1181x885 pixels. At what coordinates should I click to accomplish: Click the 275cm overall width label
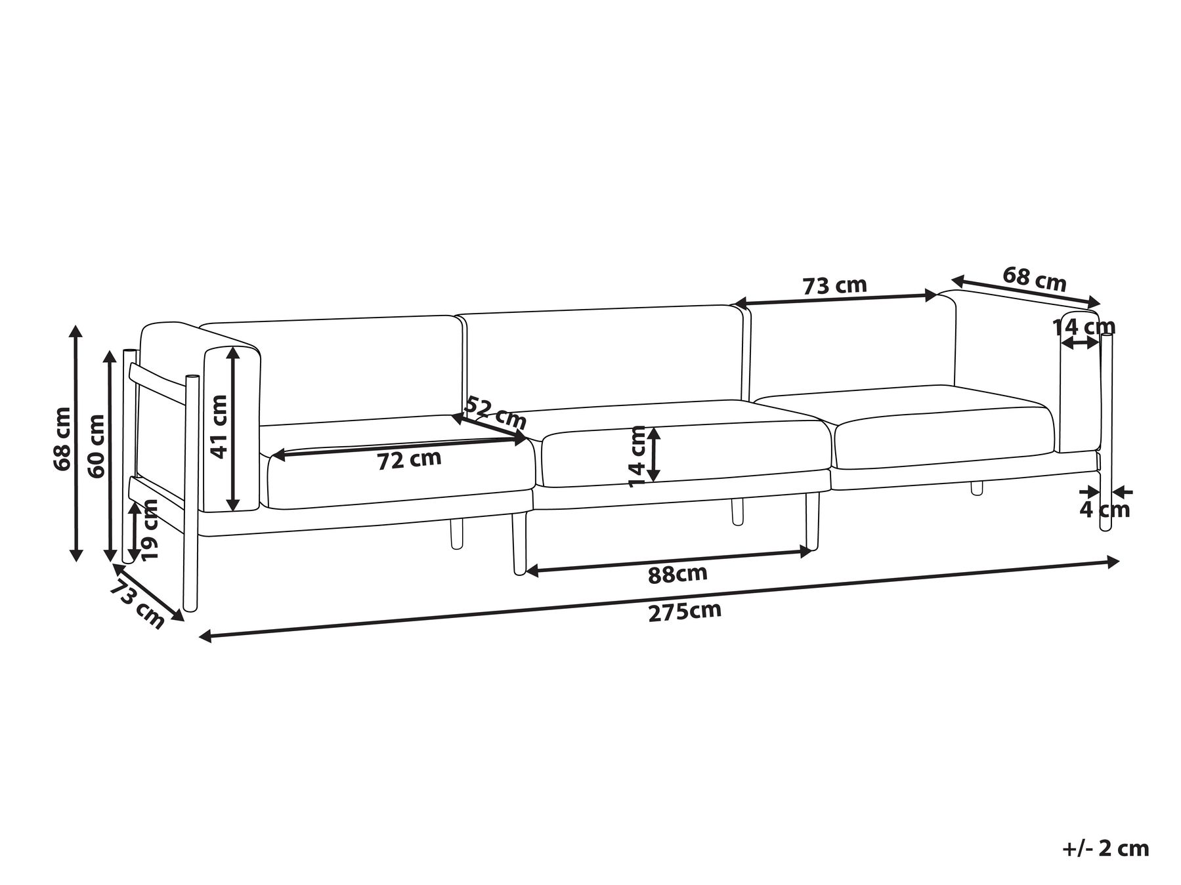pyautogui.click(x=685, y=611)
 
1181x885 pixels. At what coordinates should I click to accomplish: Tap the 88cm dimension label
pyautogui.click(x=677, y=574)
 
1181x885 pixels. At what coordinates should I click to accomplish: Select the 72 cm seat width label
pyautogui.click(x=409, y=459)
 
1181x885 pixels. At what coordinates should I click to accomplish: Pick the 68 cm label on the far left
pyautogui.click(x=63, y=439)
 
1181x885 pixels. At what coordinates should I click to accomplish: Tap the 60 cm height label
pyautogui.click(x=97, y=446)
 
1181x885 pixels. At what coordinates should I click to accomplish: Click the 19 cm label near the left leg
pyautogui.click(x=150, y=529)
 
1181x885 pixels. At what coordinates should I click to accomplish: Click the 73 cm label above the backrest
pyautogui.click(x=834, y=286)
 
